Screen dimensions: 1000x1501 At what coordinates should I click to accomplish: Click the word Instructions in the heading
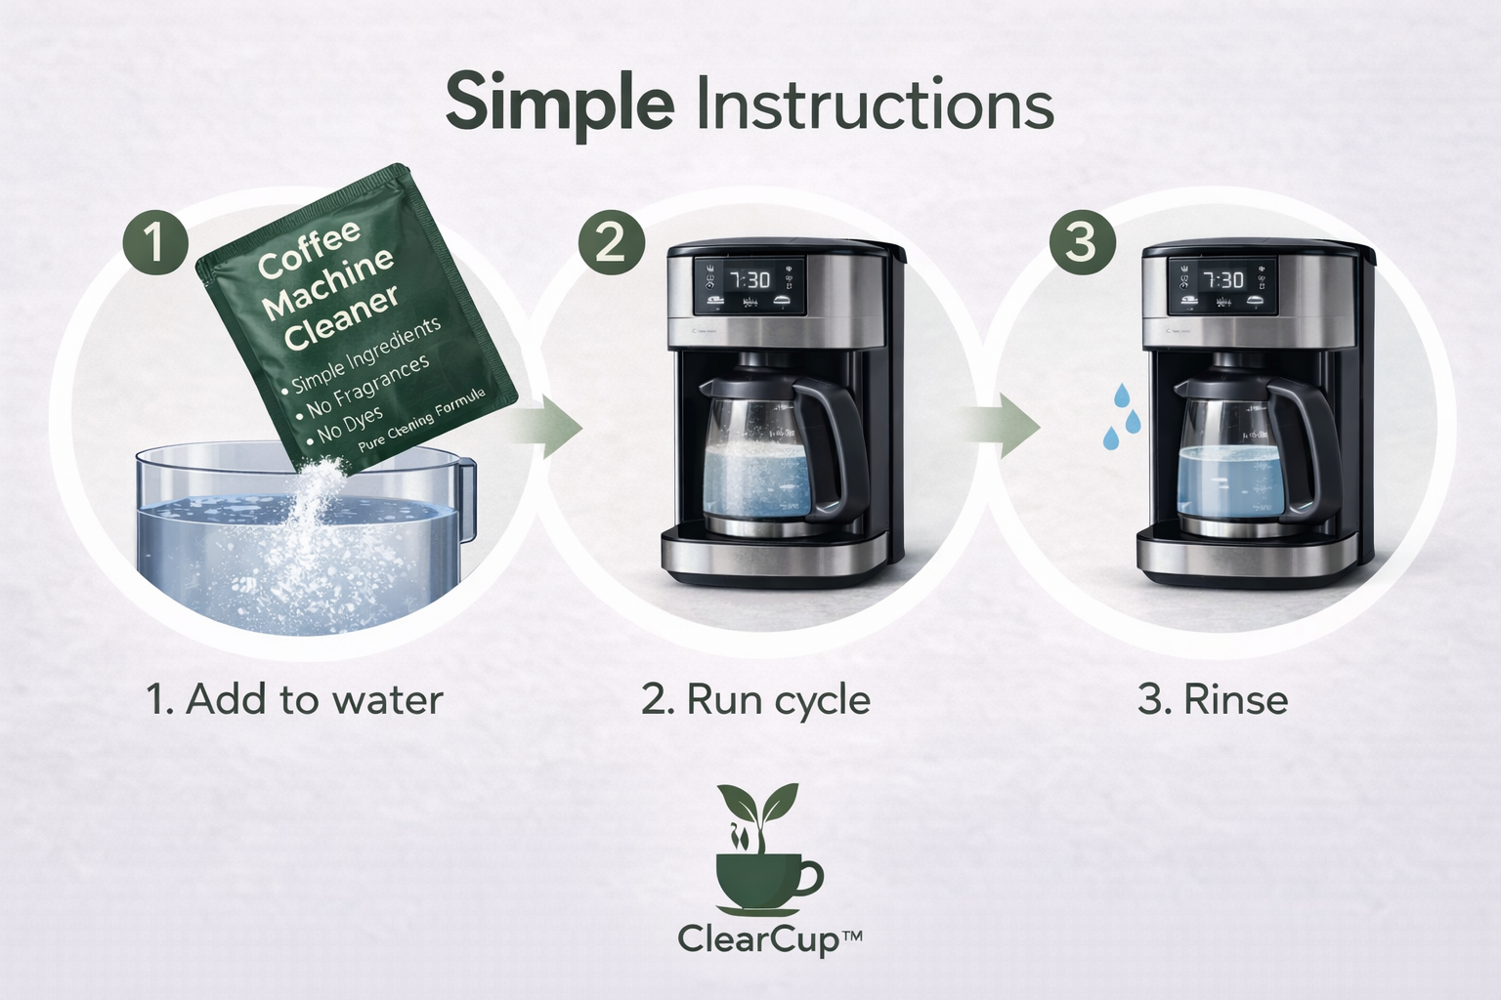coord(874,105)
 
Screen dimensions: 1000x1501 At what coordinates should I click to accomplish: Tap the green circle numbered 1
coord(155,242)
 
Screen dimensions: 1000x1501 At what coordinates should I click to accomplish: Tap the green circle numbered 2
coord(611,240)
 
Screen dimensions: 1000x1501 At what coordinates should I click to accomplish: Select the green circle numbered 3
coord(1081,240)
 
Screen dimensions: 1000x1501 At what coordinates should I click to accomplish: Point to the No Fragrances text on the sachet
coord(368,386)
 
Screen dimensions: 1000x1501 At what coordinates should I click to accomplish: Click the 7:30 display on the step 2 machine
coord(750,281)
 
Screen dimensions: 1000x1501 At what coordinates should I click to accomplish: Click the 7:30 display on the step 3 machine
coord(1222,281)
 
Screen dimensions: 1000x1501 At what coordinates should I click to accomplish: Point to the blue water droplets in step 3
coord(1122,417)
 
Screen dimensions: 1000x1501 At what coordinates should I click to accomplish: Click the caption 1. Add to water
coord(294,699)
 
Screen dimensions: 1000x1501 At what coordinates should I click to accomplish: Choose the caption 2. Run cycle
coord(755,699)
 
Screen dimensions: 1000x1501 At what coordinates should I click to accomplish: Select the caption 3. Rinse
coord(1213,699)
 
